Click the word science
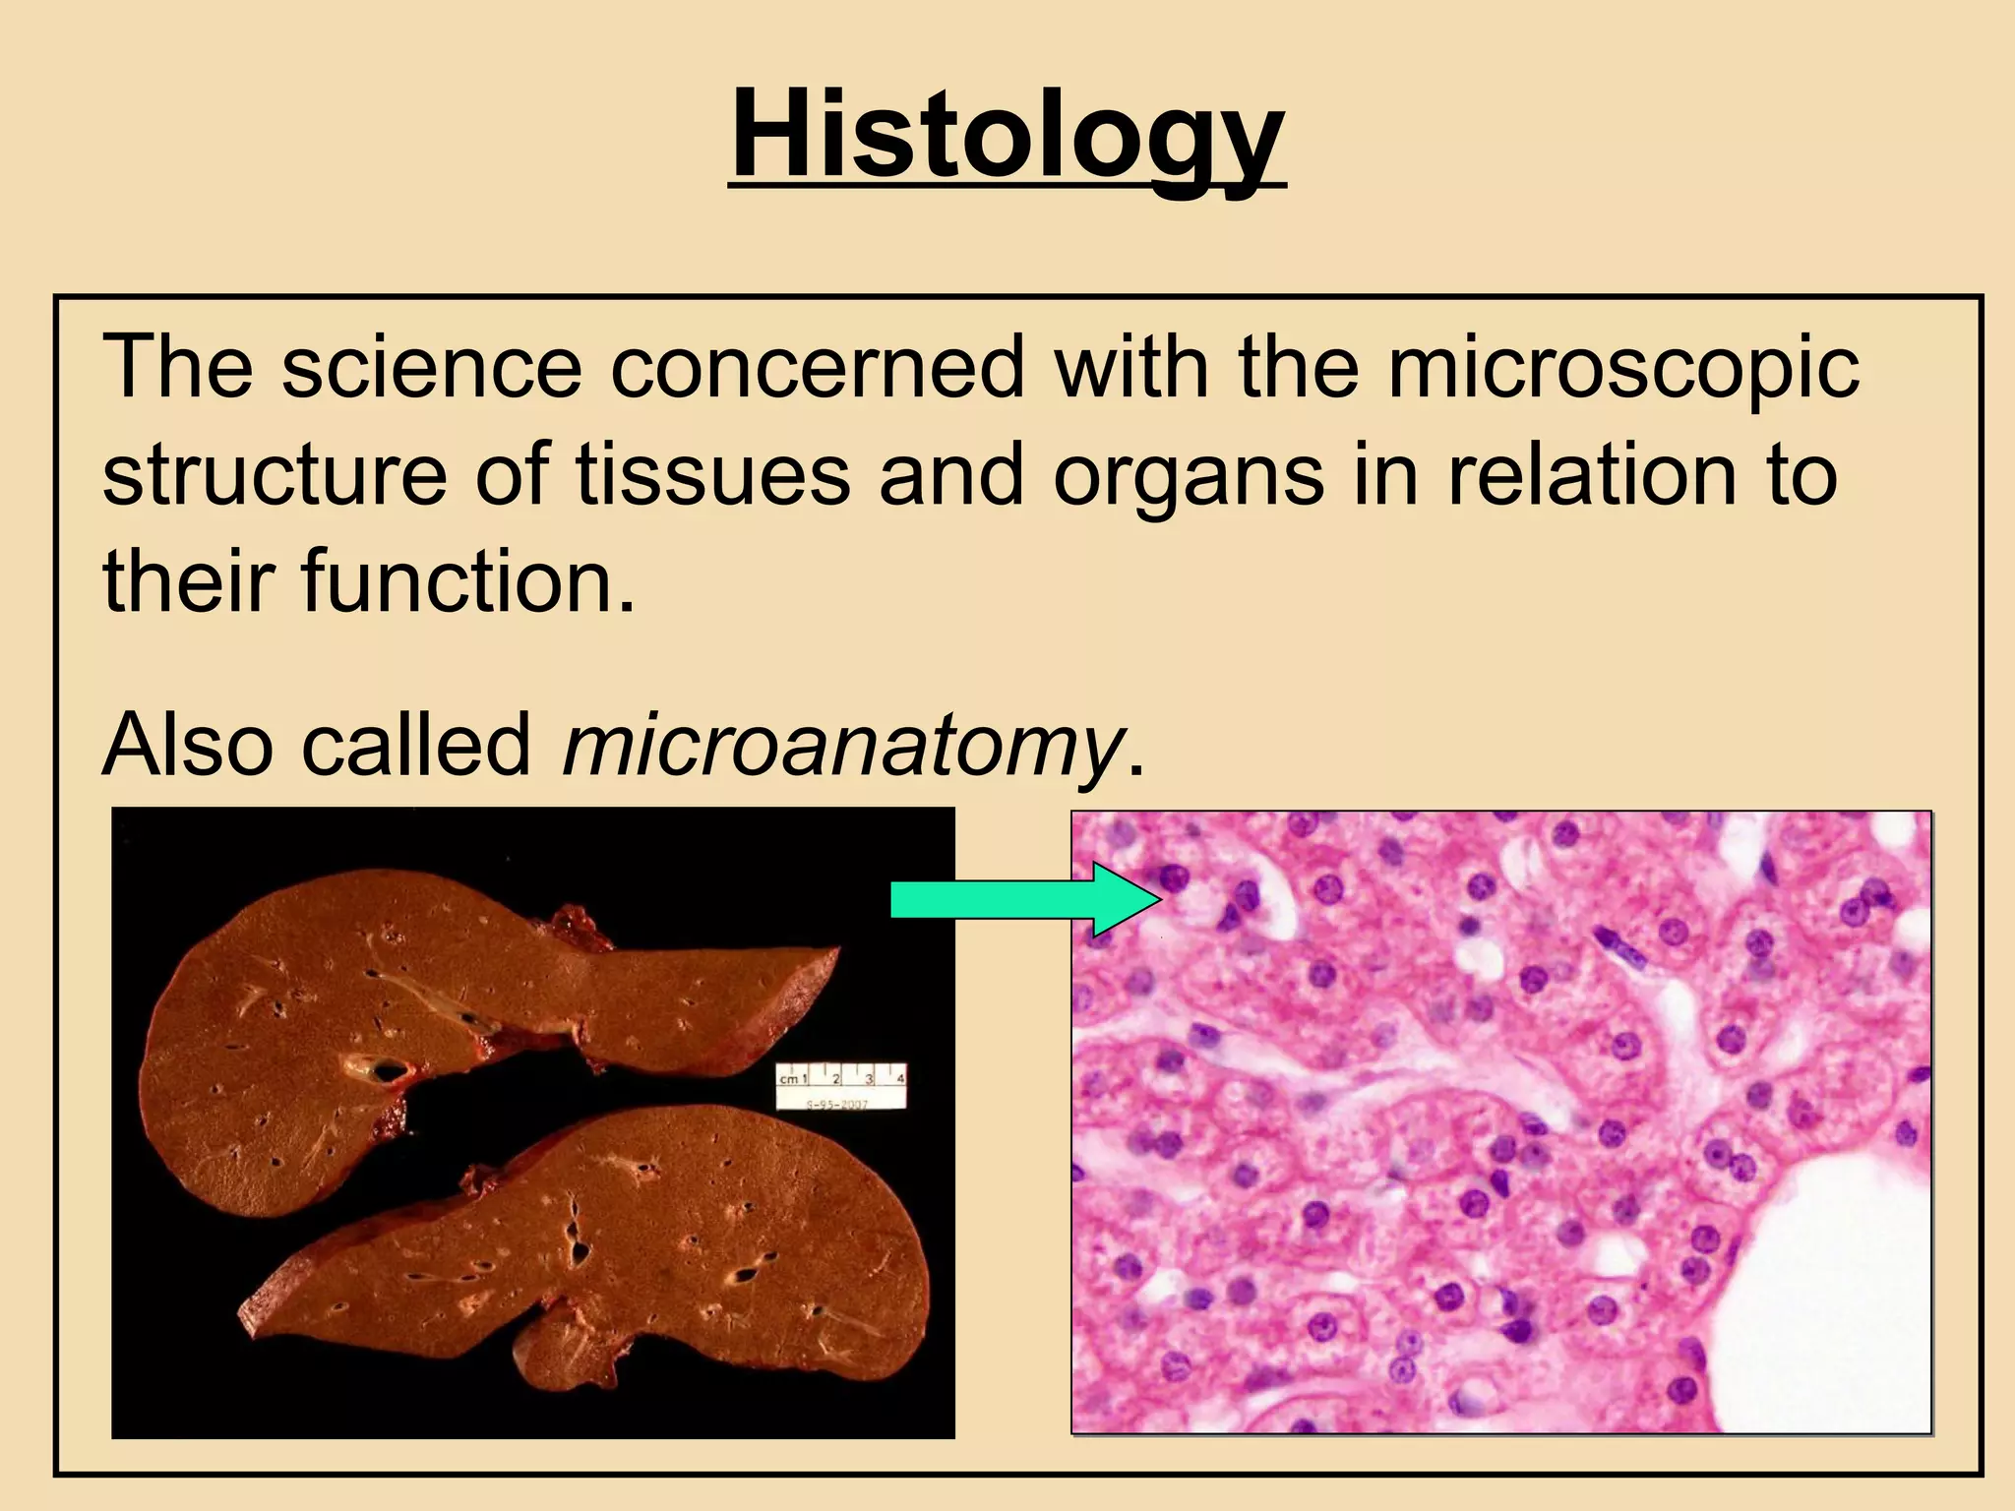click(432, 368)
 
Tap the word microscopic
click(1622, 370)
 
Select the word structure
click(275, 476)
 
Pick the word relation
click(1591, 476)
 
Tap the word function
click(466, 582)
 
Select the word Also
click(188, 745)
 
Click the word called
click(416, 745)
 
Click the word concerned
click(817, 368)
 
